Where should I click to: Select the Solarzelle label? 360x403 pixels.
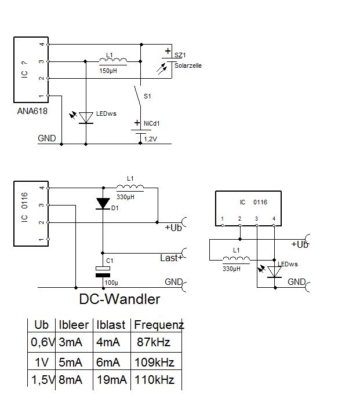click(x=187, y=65)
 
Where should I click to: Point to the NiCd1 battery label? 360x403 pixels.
click(x=151, y=123)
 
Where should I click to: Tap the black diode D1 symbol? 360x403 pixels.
click(x=103, y=203)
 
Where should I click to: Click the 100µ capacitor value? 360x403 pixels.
click(x=111, y=282)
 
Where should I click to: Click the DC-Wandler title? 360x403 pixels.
click(x=119, y=299)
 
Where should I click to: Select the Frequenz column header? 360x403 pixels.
click(x=159, y=325)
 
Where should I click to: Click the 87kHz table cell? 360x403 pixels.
click(x=153, y=342)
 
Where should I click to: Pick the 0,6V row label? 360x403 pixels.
click(x=42, y=342)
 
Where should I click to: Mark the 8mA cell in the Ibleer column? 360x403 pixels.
click(x=71, y=380)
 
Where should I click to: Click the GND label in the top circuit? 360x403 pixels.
click(x=47, y=138)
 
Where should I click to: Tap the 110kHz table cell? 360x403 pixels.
click(x=154, y=380)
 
